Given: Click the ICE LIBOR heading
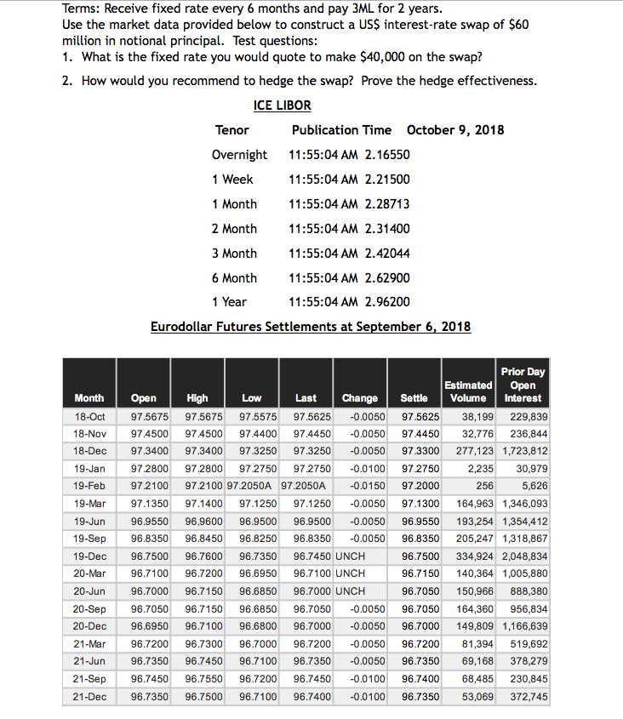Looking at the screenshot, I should coord(282,106).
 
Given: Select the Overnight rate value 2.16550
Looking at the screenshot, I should coord(386,155).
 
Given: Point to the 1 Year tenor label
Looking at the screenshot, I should coord(229,302).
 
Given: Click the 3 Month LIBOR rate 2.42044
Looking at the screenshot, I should coord(386,254).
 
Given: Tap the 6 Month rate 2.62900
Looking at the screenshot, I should coord(386,278).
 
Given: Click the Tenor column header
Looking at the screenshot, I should coord(232,130).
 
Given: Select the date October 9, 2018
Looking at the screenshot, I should coord(455,130).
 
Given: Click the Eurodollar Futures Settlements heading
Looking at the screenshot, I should coord(310,327).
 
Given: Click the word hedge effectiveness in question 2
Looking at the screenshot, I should coord(485,81).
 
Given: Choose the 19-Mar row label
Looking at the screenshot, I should coord(89,504).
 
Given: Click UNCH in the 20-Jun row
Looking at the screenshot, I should coord(350,591).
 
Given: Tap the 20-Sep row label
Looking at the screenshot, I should coord(89,609).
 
